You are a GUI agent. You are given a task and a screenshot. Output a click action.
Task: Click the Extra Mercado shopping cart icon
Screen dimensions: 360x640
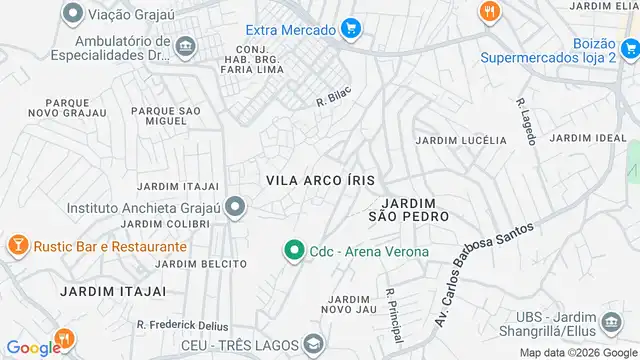(x=350, y=30)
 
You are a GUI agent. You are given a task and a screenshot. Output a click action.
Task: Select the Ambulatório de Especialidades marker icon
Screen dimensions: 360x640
(x=185, y=47)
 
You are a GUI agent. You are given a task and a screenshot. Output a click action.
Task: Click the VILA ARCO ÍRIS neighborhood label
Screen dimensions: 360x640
(x=321, y=180)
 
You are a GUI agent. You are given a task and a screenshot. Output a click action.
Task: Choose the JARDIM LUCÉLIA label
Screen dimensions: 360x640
(x=461, y=141)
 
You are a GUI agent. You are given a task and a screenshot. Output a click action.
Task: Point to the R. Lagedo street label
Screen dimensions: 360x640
(x=527, y=117)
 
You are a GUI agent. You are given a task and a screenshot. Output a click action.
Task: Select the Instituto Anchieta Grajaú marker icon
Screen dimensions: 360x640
(x=235, y=208)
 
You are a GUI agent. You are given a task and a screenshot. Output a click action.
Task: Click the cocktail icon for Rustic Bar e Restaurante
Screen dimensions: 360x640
(x=17, y=246)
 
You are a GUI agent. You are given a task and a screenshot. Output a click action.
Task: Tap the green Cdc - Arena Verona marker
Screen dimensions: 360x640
(x=294, y=251)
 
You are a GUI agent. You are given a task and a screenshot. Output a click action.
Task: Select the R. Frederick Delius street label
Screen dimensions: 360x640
(x=183, y=326)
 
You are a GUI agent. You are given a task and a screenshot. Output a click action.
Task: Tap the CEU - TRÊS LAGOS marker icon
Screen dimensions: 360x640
(x=314, y=346)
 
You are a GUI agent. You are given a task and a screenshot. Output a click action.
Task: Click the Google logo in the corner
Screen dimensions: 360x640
(x=33, y=348)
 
